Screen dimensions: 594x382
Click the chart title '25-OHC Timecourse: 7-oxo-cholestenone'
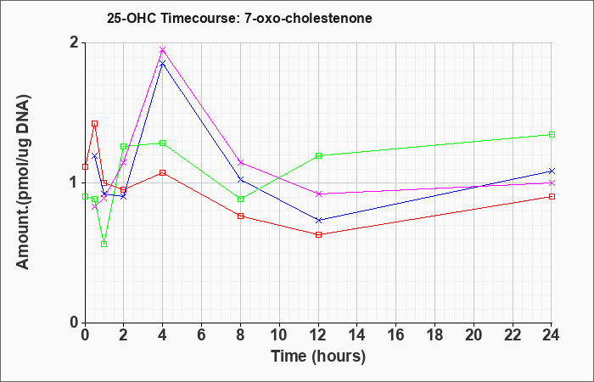[239, 18]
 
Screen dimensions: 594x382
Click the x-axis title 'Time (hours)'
[318, 357]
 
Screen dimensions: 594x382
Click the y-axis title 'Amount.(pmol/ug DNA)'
[24, 183]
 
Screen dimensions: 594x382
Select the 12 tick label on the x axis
[318, 335]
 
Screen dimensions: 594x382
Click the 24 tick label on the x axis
[552, 335]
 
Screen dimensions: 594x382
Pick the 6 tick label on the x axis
[202, 335]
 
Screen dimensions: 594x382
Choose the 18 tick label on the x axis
[434, 335]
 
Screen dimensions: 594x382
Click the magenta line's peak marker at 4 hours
[163, 49]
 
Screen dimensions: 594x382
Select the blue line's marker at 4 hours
[163, 63]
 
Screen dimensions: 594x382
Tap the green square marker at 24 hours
[552, 134]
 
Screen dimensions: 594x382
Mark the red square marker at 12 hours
[318, 234]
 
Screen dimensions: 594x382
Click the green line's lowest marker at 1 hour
[104, 244]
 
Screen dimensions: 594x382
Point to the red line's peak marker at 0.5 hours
[95, 124]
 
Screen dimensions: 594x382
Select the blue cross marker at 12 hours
[318, 220]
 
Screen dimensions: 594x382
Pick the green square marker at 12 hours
[318, 155]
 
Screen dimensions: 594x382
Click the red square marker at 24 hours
[552, 196]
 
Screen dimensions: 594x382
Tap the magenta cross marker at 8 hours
[240, 163]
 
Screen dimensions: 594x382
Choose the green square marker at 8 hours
[240, 199]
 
